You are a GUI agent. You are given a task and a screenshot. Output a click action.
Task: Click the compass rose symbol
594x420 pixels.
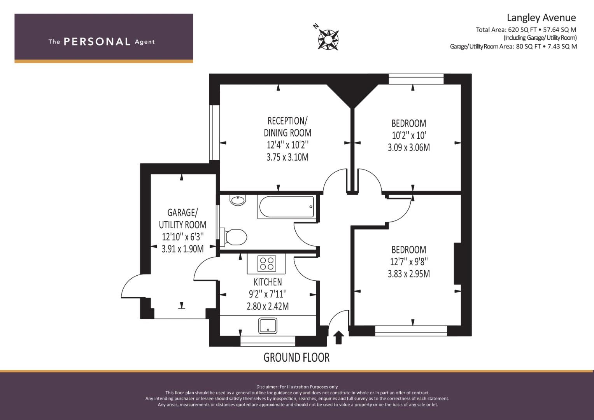click(328, 40)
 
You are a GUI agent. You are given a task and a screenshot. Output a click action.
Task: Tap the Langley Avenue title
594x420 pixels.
click(541, 18)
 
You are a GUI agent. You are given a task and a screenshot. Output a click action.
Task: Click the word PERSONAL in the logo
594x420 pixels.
click(97, 42)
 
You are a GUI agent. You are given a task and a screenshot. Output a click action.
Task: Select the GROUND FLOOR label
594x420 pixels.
click(296, 357)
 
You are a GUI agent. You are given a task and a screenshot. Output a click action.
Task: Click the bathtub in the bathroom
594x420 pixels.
click(286, 207)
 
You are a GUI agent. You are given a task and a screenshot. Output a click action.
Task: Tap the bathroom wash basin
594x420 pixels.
click(238, 200)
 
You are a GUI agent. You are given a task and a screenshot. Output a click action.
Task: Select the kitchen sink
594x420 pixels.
click(268, 325)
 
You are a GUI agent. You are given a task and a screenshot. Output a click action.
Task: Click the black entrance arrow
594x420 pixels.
click(338, 337)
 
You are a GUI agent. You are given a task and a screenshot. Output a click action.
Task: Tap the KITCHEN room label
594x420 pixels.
click(268, 282)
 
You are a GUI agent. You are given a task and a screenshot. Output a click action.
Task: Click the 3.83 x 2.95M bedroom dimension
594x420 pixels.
click(408, 274)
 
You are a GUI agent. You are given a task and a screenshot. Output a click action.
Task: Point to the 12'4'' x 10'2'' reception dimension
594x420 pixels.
click(288, 145)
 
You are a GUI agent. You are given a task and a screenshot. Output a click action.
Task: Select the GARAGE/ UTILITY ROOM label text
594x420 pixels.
click(182, 219)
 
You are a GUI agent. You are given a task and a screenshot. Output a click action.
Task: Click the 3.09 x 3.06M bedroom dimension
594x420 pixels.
click(408, 147)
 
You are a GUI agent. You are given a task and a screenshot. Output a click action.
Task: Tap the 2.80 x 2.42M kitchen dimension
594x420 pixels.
click(268, 306)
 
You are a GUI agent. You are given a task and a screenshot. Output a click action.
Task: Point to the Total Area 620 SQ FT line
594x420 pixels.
click(526, 30)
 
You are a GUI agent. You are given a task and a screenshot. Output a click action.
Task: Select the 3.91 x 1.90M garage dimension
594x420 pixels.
click(183, 249)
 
